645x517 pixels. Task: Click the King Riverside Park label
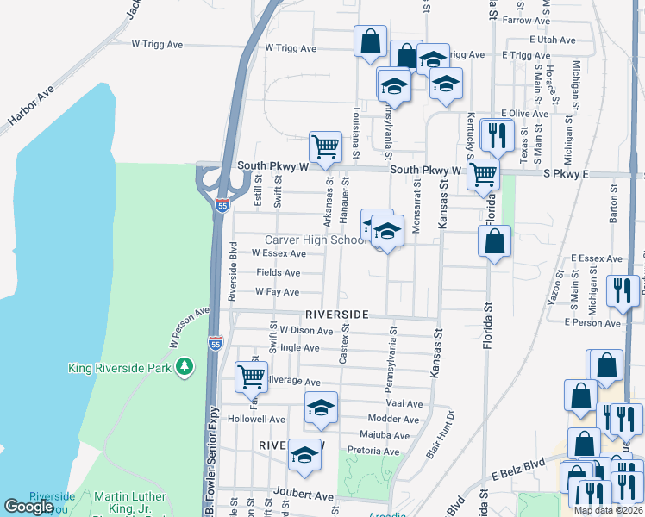pyautogui.click(x=122, y=368)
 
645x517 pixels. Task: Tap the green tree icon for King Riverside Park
pyautogui.click(x=184, y=368)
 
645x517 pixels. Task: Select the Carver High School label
pyautogui.click(x=316, y=240)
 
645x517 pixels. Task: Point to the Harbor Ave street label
pyautogui.click(x=31, y=106)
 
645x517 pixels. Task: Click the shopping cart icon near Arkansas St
pyautogui.click(x=325, y=146)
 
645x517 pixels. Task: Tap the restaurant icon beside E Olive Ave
pyautogui.click(x=496, y=134)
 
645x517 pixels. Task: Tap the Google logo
pyautogui.click(x=28, y=507)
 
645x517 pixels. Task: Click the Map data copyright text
pyautogui.click(x=609, y=510)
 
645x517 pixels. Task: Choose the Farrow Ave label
pyautogui.click(x=520, y=20)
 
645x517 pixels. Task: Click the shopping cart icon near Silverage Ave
pyautogui.click(x=251, y=377)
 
